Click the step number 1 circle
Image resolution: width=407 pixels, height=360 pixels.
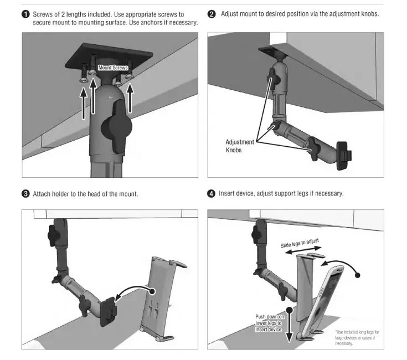tap(26, 14)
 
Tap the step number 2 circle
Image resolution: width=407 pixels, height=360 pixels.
tap(211, 14)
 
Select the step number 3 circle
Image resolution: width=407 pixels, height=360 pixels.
tap(26, 194)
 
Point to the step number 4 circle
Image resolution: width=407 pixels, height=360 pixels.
tap(211, 194)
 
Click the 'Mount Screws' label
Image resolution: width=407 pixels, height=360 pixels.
tap(113, 68)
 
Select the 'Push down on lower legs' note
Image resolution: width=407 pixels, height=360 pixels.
tap(269, 323)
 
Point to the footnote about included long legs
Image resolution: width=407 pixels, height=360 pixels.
tap(357, 338)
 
